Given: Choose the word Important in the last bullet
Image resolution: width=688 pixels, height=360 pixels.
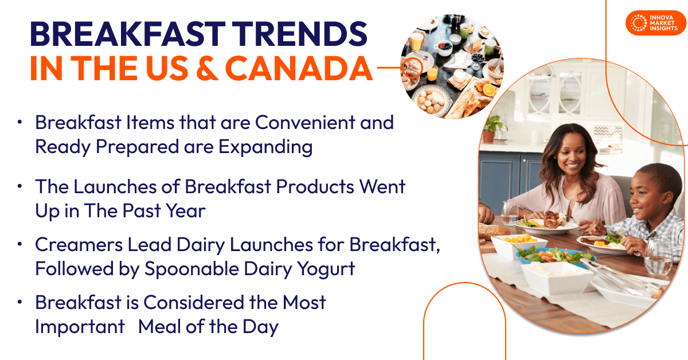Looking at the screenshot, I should coord(80,327).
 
